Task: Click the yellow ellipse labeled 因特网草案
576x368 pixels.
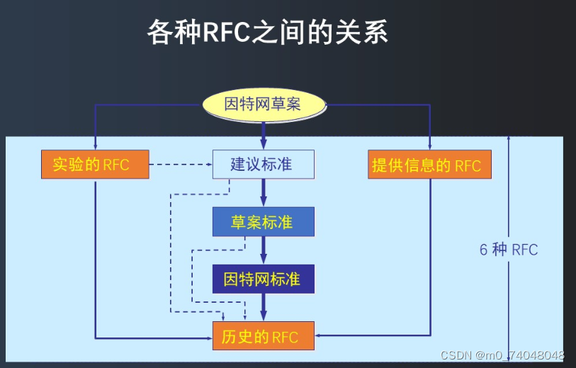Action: coord(263,104)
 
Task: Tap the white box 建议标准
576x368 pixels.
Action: coord(262,165)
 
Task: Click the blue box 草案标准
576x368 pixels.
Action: coord(262,222)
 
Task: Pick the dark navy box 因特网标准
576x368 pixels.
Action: coord(262,279)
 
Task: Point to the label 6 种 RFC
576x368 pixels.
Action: coord(508,250)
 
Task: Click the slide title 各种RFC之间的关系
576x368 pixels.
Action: coord(268,33)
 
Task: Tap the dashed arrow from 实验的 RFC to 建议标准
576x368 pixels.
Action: coord(181,165)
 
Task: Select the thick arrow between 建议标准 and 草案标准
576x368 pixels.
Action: coord(263,193)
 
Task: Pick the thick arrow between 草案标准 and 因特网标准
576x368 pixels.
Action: coord(263,250)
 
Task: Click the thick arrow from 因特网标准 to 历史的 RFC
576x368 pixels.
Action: coord(263,306)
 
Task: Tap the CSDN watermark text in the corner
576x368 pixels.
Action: coord(502,355)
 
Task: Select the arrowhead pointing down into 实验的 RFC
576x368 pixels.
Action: coord(95,147)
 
